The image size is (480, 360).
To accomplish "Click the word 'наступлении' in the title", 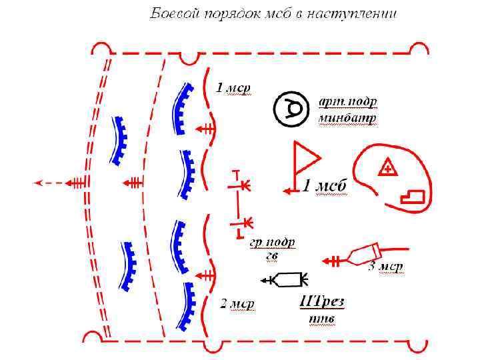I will (356, 14).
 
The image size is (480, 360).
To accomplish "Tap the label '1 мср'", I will (233, 88).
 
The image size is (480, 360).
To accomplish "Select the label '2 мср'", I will (237, 304).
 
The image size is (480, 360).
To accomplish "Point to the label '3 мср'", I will (386, 267).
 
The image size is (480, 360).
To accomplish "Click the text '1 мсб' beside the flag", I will (324, 187).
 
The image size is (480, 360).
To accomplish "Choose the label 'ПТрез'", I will (322, 302).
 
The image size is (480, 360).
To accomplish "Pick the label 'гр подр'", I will (273, 242).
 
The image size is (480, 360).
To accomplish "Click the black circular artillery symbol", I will (291, 107).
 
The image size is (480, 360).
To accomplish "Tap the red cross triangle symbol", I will (387, 167).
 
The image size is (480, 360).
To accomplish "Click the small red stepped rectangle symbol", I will (411, 195).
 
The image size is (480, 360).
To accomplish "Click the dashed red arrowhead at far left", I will (39, 181).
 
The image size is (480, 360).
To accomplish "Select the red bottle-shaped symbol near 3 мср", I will (363, 255).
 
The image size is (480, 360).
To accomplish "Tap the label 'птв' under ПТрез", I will (321, 319).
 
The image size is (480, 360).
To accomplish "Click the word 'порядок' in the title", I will (219, 14).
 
